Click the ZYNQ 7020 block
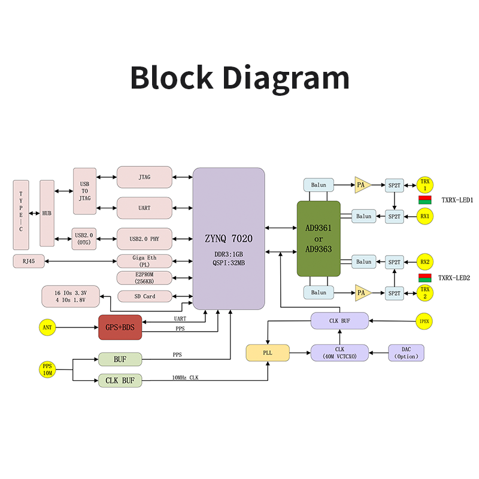click(x=228, y=238)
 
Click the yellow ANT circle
click(x=47, y=328)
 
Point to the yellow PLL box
click(x=267, y=353)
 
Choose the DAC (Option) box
click(x=406, y=353)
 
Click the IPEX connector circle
click(x=423, y=321)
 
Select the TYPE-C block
click(x=21, y=213)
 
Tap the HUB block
click(x=47, y=213)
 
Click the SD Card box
click(x=144, y=296)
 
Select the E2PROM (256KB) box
click(x=144, y=278)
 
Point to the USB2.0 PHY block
click(x=144, y=239)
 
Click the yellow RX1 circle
click(x=425, y=216)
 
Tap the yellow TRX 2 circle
click(x=425, y=293)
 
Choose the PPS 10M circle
click(x=47, y=369)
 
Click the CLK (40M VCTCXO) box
click(x=339, y=353)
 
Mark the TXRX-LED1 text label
click(x=457, y=200)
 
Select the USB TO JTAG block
click(x=84, y=190)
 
